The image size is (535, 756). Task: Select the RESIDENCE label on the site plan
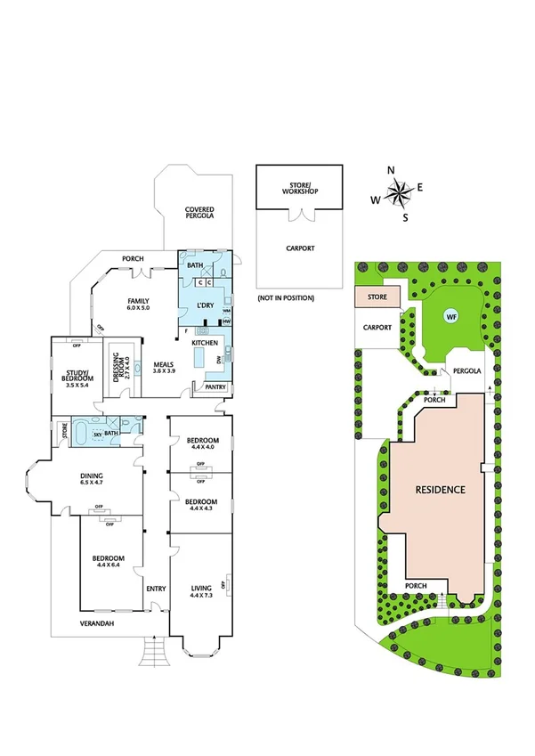440,490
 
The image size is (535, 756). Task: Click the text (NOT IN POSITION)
285,297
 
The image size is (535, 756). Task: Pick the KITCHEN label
207,343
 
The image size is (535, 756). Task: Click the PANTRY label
215,386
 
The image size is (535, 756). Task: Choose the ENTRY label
157,589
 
